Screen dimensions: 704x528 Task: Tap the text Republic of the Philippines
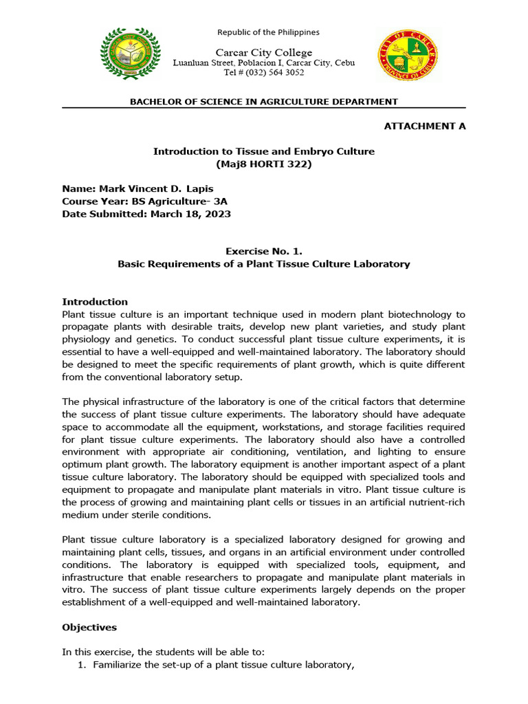(x=268, y=32)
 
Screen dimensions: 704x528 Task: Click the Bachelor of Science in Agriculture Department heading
(x=264, y=102)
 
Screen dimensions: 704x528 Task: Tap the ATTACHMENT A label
(x=424, y=126)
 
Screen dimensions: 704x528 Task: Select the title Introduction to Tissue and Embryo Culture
(x=264, y=151)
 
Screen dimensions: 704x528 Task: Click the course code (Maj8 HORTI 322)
(x=264, y=164)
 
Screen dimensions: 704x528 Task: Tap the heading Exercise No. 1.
(x=264, y=252)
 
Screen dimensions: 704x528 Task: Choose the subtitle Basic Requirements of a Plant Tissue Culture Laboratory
(x=264, y=264)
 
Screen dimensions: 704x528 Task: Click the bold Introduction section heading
(x=95, y=302)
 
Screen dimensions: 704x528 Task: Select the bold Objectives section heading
(x=89, y=628)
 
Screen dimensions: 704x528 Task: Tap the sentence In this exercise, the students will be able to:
(x=165, y=652)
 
